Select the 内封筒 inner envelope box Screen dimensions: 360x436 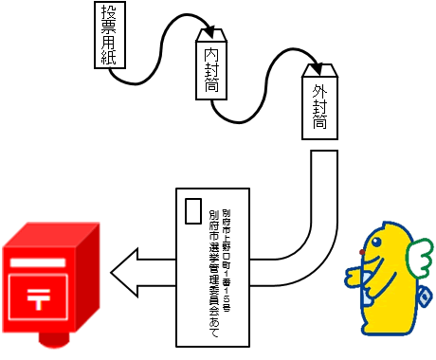(x=211, y=66)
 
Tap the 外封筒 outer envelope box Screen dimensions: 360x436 (x=319, y=104)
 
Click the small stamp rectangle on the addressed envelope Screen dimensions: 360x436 (x=193, y=209)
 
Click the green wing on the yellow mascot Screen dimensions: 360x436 (x=416, y=255)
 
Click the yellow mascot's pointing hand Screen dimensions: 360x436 (x=354, y=277)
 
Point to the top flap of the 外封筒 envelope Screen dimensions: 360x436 (x=319, y=69)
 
